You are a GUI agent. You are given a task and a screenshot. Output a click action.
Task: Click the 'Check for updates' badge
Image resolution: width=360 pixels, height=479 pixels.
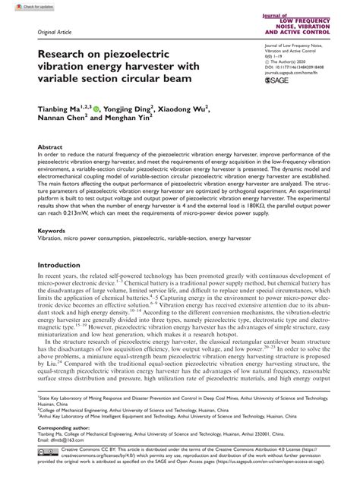21,6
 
